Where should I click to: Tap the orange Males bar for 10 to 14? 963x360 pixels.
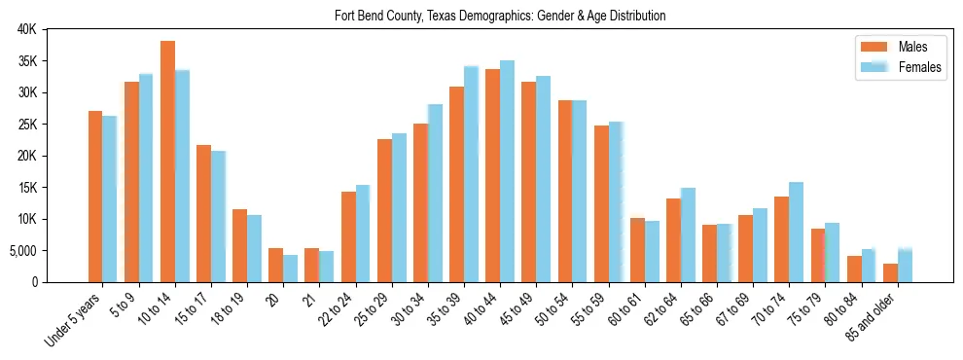point(167,162)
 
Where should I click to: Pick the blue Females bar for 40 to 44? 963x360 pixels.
point(507,171)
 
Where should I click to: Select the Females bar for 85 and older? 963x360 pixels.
point(905,266)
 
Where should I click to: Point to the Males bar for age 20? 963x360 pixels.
point(275,265)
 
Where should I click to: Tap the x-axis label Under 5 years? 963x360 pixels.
point(72,321)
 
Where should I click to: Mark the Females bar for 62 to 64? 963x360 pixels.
point(688,234)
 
